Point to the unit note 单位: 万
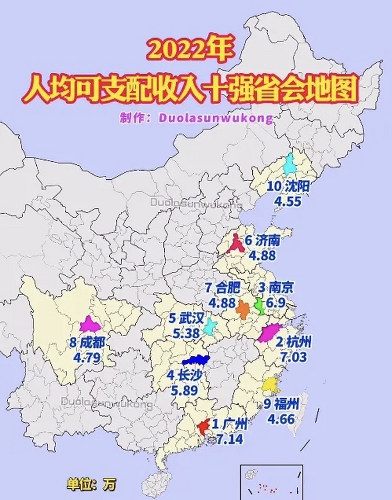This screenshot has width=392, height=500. point(91,484)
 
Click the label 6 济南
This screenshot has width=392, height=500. point(262,241)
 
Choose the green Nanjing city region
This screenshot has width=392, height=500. point(259,306)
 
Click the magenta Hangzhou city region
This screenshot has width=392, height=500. point(269,333)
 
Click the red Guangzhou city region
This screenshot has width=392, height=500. point(203,428)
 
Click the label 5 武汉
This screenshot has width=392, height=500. point(186,319)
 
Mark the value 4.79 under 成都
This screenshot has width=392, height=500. point(87,357)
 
